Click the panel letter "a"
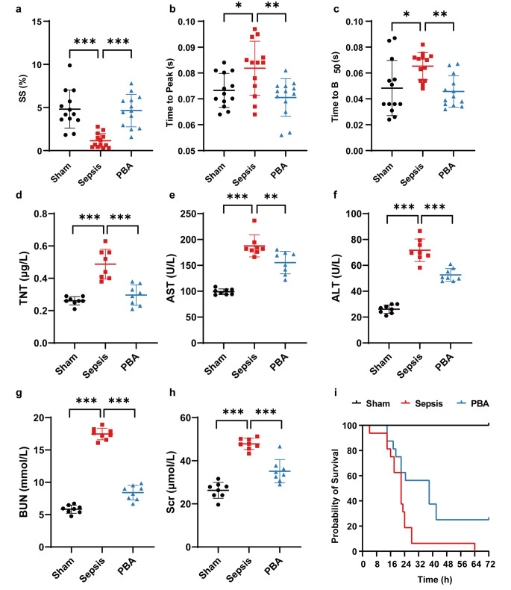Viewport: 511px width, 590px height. pos(19,9)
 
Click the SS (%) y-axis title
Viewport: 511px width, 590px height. pos(23,88)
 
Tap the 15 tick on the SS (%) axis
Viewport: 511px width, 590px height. pos(37,22)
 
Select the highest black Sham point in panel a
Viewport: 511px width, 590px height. pos(70,66)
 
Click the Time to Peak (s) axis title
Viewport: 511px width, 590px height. pos(170,93)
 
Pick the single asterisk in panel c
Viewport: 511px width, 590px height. pos(406,15)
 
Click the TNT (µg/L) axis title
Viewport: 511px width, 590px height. pos(24,278)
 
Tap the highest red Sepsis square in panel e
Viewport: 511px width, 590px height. pos(254,221)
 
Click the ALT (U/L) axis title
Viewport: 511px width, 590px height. pos(336,278)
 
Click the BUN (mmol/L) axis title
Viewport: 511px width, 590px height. pos(23,482)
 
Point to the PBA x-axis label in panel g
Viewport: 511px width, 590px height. pos(127,566)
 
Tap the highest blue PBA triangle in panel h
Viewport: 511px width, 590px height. pos(280,447)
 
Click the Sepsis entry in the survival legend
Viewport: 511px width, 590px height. pos(422,404)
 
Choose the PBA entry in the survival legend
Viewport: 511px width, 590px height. pos(473,404)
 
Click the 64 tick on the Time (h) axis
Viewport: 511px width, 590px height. pos(475,565)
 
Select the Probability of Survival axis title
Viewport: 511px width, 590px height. pos(335,496)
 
